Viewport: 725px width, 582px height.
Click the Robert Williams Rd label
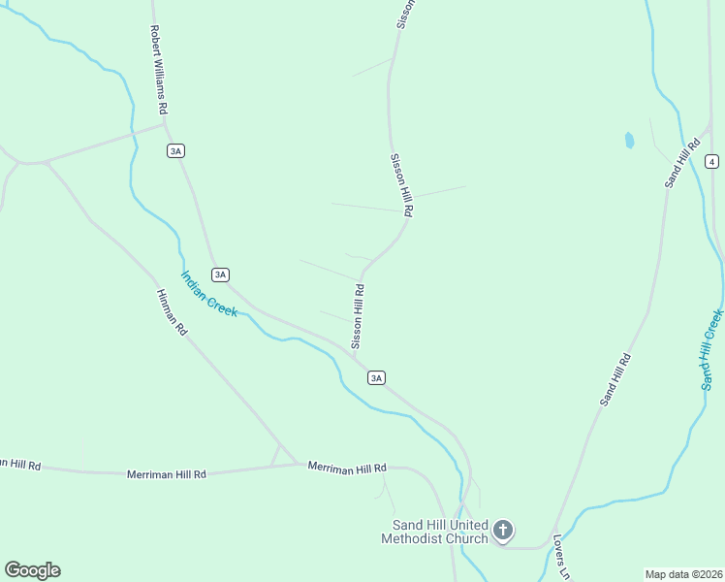tap(159, 68)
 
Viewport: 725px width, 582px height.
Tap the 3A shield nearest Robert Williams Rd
tap(175, 150)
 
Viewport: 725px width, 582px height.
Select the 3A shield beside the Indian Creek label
tap(221, 275)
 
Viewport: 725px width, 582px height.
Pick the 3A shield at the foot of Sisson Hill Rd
tap(377, 377)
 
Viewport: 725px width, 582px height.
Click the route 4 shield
tap(712, 160)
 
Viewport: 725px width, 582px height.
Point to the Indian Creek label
tap(208, 293)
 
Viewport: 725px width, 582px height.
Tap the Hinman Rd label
tap(171, 312)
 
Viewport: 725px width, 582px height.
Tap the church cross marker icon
tap(502, 530)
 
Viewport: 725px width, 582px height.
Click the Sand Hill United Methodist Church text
tap(434, 532)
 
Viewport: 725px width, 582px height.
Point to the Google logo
tap(32, 570)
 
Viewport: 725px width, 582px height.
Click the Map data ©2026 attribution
tap(683, 573)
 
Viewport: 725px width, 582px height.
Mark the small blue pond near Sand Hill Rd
tap(629, 140)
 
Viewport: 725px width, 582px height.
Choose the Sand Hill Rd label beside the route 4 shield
tap(682, 163)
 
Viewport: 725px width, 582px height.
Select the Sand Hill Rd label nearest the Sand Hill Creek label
tap(615, 379)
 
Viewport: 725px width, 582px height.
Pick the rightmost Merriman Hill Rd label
tap(347, 468)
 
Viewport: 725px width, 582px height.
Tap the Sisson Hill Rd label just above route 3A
tap(358, 316)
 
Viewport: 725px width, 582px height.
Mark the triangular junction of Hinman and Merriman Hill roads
tap(278, 457)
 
